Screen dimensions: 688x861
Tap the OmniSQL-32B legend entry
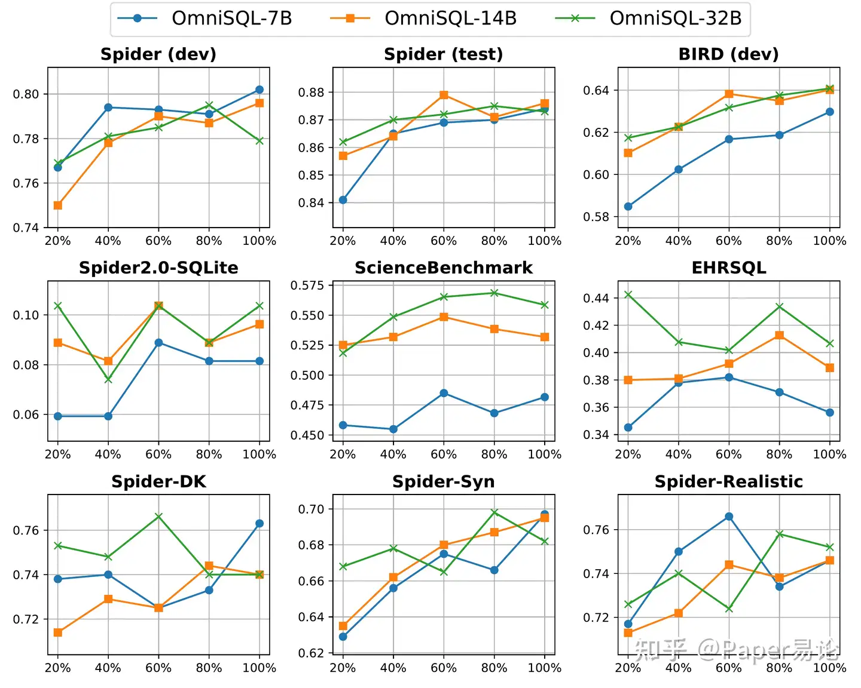click(649, 19)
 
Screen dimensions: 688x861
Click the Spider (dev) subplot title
click(158, 54)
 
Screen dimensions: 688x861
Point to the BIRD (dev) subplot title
click(728, 54)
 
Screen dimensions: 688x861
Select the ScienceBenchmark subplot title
click(444, 268)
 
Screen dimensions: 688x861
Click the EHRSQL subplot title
click(728, 268)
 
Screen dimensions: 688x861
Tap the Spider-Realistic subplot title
click(728, 481)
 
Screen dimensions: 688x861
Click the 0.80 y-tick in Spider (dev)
click(26, 94)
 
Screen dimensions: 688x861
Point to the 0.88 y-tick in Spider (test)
click(311, 93)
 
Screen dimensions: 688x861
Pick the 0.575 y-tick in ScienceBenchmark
click(307, 285)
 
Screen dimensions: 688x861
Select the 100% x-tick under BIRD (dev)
click(829, 241)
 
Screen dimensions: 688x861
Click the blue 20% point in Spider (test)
click(343, 200)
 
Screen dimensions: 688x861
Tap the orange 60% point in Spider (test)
click(444, 95)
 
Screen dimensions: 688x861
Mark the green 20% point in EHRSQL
click(628, 294)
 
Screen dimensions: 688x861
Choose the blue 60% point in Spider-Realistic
click(729, 517)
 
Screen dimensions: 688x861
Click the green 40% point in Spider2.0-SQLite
click(108, 380)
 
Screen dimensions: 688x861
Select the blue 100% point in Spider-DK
click(259, 524)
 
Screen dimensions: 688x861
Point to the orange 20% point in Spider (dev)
click(58, 205)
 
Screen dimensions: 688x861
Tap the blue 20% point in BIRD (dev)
click(628, 207)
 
